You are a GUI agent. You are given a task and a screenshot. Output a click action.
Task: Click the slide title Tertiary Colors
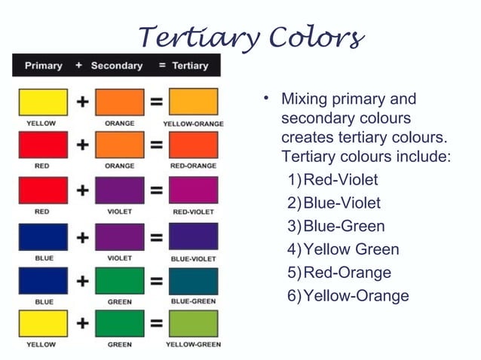[252, 35]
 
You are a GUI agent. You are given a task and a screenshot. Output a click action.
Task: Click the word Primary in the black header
[44, 66]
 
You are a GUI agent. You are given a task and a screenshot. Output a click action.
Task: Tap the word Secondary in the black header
[117, 66]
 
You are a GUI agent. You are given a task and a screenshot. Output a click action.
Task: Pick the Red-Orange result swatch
[194, 145]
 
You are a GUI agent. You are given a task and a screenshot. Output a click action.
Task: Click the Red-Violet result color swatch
[194, 191]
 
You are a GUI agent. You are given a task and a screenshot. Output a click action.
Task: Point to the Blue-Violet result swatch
[194, 236]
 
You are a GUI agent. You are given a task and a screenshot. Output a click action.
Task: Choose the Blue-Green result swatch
[194, 281]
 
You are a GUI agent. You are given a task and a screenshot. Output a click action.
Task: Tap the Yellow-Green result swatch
[194, 325]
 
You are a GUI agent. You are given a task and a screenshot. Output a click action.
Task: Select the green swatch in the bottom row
[119, 325]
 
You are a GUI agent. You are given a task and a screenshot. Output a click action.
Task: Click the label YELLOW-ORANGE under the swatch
[193, 123]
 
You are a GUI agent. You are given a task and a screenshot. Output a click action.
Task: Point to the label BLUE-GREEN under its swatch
[194, 302]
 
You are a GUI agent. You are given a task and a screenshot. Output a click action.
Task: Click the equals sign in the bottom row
[156, 325]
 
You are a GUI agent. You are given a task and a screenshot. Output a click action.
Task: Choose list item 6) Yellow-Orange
[348, 295]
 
